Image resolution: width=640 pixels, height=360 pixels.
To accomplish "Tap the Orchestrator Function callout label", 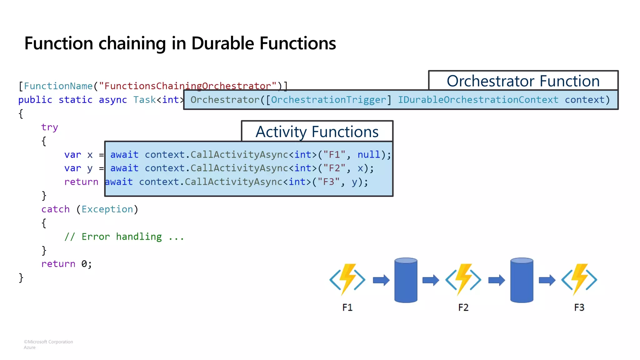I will click(523, 81).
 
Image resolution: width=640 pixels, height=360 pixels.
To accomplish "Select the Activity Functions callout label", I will click(317, 132).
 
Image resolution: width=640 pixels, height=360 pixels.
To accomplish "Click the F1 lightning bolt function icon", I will click(347, 279).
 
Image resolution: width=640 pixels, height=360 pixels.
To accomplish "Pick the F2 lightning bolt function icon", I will click(463, 279).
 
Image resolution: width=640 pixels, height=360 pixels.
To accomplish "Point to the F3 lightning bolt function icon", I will click(579, 279).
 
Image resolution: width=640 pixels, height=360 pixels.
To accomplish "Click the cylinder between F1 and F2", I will click(406, 280).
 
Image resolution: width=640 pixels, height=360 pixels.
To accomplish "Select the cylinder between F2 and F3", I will click(522, 280).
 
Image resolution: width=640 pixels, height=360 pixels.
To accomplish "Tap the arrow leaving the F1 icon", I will click(381, 280).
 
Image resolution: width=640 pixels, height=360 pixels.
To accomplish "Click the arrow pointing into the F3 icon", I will click(547, 280).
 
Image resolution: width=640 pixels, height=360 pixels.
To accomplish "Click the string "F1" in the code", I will click(334, 155).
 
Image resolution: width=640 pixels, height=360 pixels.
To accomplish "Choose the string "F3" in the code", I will click(328, 182).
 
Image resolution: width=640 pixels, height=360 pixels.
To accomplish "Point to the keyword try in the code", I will click(49, 127).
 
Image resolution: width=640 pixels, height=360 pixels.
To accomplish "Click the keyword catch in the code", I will click(55, 209).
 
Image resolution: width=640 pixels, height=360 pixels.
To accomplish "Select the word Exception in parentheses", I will click(107, 209).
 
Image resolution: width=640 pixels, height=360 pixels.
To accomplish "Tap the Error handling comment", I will click(124, 237).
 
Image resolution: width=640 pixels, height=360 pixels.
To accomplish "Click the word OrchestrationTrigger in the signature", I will click(328, 100).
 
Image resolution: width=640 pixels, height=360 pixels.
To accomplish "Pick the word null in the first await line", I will click(369, 155).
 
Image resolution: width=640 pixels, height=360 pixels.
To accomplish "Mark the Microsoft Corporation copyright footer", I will click(48, 342).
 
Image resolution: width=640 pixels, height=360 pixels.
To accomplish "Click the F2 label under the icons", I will click(463, 307).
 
